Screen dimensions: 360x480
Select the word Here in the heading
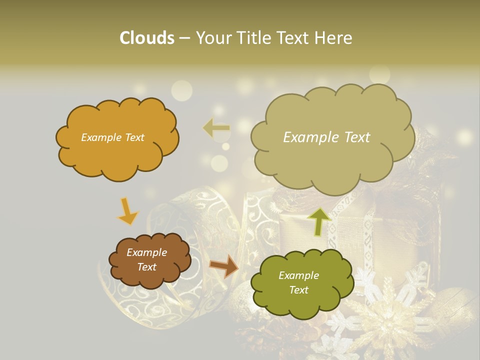(x=334, y=38)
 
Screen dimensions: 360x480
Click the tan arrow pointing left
(x=216, y=128)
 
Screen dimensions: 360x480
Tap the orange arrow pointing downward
(x=127, y=211)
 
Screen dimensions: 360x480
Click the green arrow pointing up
(x=319, y=221)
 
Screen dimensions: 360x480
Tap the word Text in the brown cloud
(x=147, y=267)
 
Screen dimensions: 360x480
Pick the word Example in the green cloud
(x=298, y=275)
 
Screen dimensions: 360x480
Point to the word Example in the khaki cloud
(x=307, y=137)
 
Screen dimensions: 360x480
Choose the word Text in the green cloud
(x=298, y=290)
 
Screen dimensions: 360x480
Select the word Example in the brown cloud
(x=147, y=252)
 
